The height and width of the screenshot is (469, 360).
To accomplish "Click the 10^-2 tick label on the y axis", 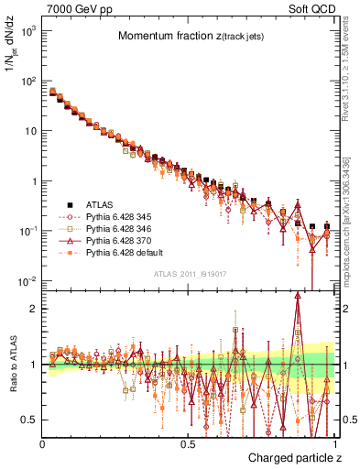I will [27, 280].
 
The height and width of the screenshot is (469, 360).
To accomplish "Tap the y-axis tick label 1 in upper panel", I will [34, 180].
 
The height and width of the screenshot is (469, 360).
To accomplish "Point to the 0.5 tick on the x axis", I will [188, 443].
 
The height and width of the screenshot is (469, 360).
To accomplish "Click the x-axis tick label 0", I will [43, 443].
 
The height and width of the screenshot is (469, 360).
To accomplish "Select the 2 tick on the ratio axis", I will [34, 308].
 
